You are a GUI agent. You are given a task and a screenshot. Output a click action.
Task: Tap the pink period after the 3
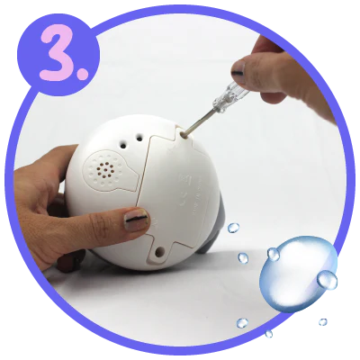tap(83, 74)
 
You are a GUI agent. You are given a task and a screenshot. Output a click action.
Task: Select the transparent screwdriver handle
tap(230, 95)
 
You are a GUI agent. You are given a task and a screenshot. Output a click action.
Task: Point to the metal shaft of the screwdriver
tap(200, 122)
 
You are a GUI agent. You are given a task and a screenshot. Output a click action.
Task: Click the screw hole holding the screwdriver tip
tap(184, 136)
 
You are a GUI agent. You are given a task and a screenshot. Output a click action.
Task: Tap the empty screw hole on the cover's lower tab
tap(159, 250)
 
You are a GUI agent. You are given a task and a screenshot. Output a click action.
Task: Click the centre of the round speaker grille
tap(105, 170)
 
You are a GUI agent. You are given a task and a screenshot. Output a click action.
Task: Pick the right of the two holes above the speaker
tap(139, 138)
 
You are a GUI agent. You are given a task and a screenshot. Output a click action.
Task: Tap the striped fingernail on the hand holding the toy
tap(137, 220)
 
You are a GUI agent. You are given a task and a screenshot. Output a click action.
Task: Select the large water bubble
tap(298, 274)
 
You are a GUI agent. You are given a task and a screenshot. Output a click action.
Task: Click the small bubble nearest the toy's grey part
tap(233, 228)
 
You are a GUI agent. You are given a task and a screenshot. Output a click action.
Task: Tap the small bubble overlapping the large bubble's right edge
tap(328, 280)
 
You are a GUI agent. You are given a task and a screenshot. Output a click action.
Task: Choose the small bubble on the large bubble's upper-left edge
tap(274, 254)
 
